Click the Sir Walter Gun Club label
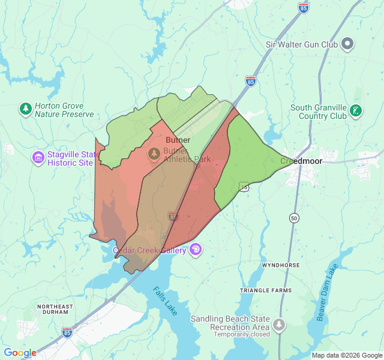[302, 44]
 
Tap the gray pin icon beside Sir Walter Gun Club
[347, 44]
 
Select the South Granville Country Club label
[319, 112]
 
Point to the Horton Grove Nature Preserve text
[64, 110]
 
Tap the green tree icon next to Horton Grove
[25, 109]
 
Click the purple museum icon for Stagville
[38, 158]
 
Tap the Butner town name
[178, 140]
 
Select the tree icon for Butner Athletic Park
[155, 154]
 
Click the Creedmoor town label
[302, 161]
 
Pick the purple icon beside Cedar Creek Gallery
[196, 250]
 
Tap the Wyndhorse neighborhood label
[280, 265]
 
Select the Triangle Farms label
[265, 290]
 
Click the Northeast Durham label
[55, 310]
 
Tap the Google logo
[20, 353]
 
